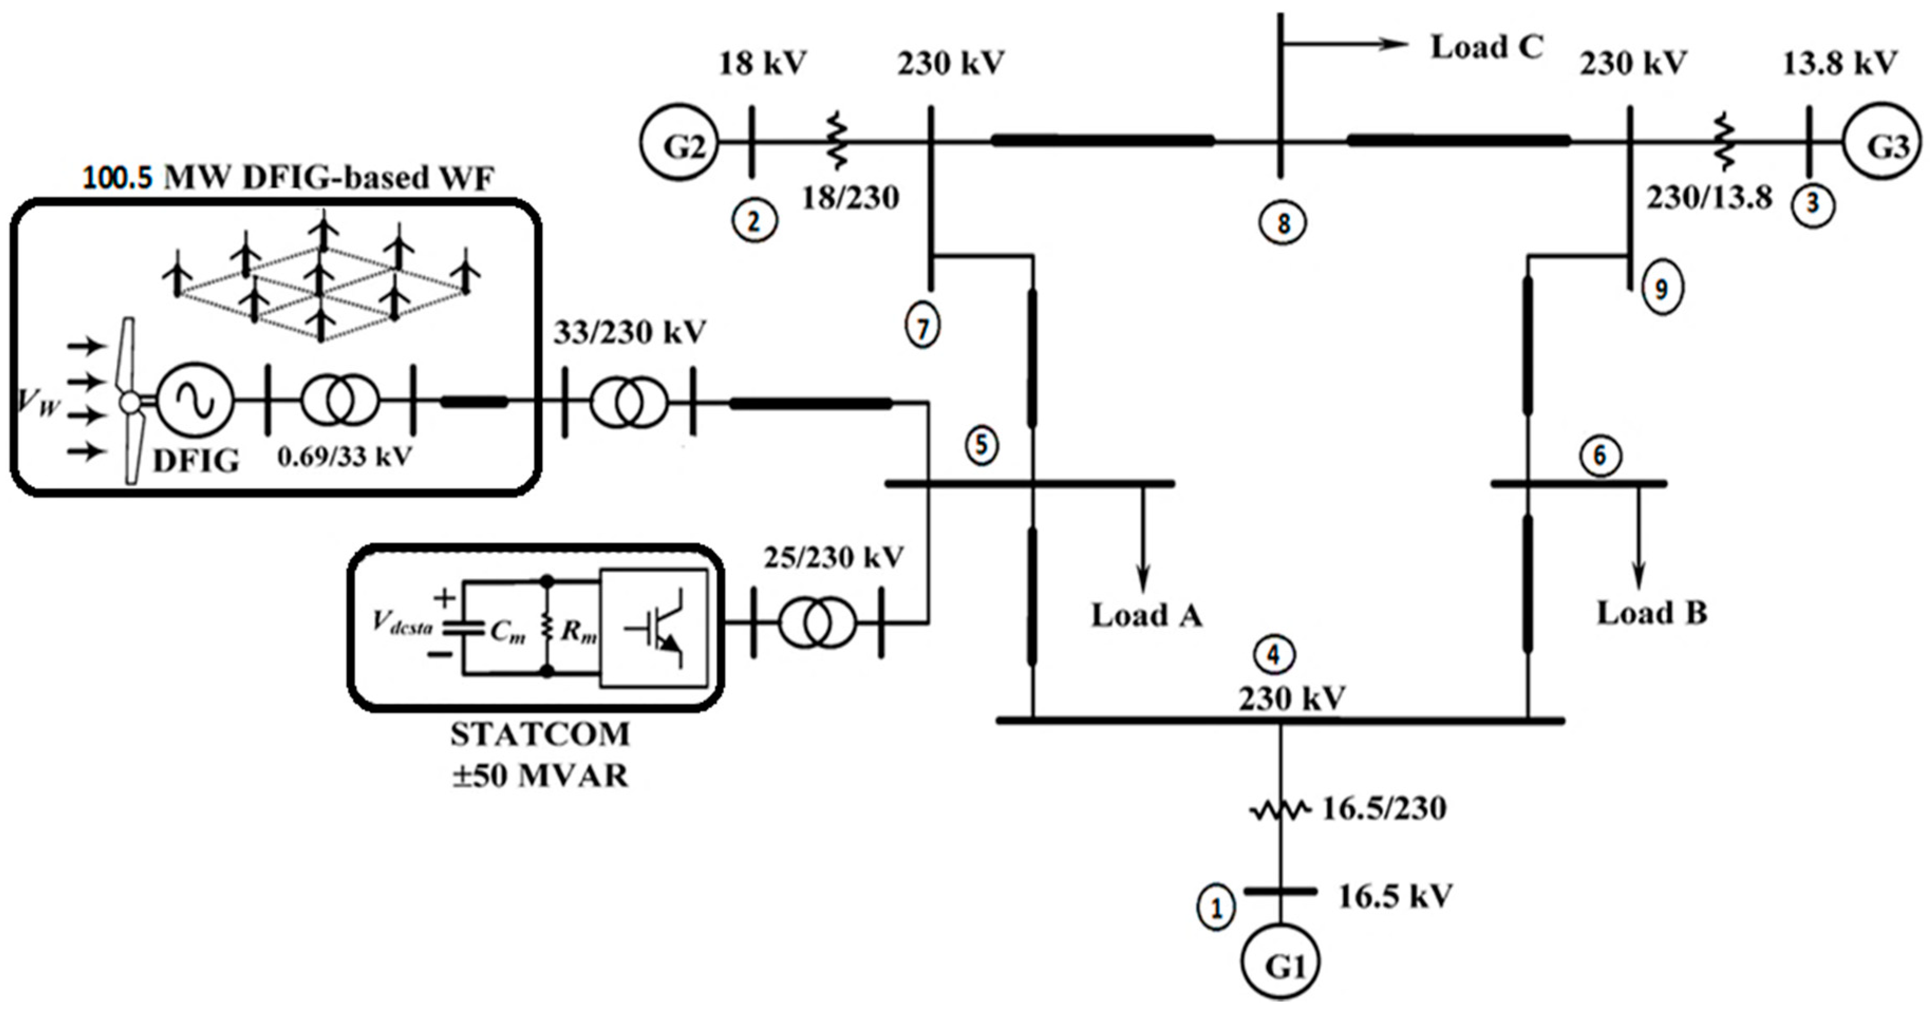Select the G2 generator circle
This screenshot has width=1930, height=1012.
[x=679, y=143]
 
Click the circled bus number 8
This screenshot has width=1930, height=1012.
[x=1283, y=222]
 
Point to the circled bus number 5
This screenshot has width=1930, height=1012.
[x=982, y=446]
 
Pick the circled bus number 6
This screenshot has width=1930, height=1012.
[x=1599, y=456]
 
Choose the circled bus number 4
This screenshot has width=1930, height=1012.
[x=1274, y=655]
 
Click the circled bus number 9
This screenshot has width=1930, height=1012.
[x=1662, y=288]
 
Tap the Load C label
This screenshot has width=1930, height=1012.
[x=1486, y=47]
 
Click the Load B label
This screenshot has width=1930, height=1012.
[x=1652, y=613]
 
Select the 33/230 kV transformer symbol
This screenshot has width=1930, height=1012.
[x=628, y=403]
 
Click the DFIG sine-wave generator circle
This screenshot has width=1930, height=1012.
[x=195, y=402]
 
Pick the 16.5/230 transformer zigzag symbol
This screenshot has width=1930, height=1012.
[x=1279, y=810]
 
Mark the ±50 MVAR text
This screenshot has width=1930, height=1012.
[x=540, y=775]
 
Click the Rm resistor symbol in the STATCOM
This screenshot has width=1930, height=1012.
[x=548, y=628]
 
